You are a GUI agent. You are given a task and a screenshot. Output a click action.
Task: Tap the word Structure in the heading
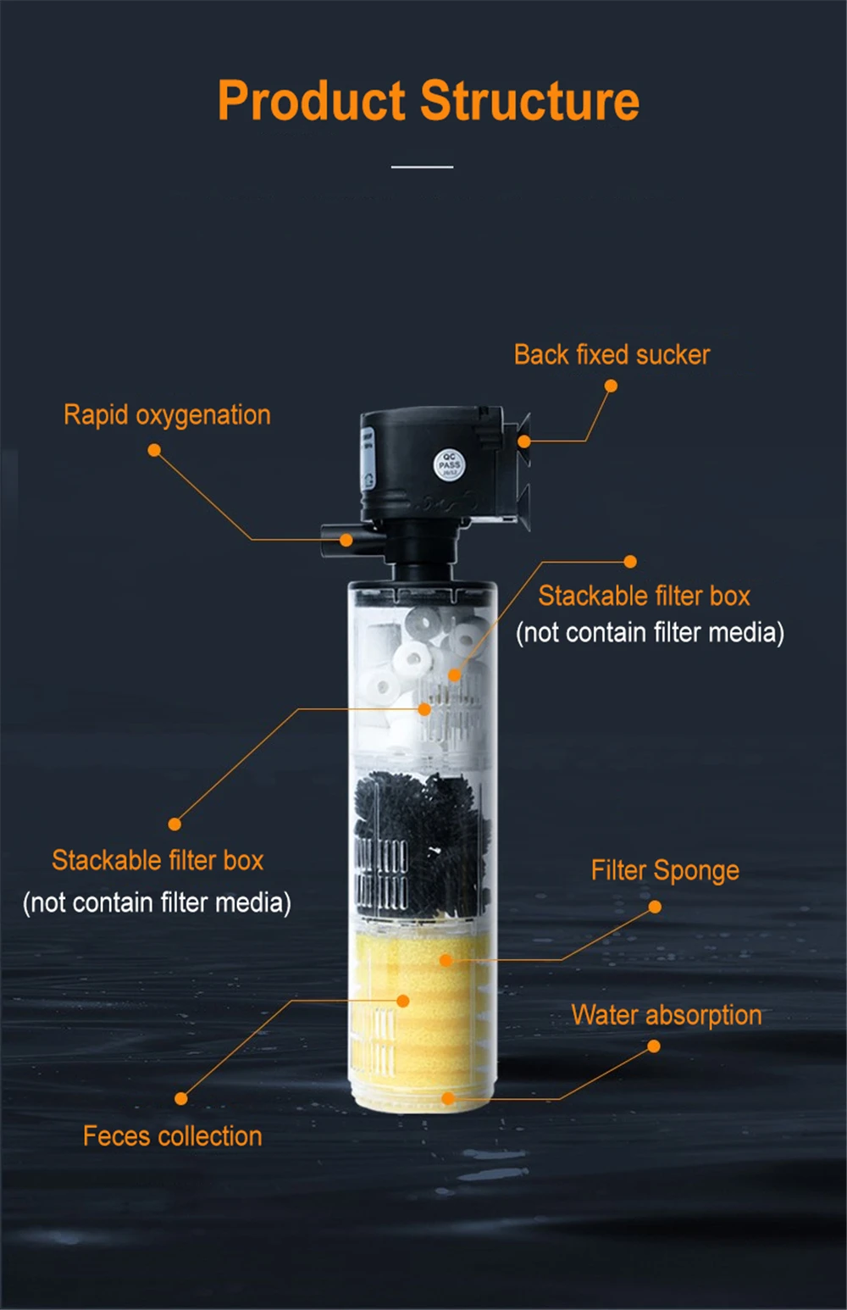(x=529, y=101)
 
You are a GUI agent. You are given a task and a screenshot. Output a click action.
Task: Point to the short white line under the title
(x=422, y=167)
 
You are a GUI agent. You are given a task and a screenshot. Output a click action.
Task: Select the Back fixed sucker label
(x=612, y=354)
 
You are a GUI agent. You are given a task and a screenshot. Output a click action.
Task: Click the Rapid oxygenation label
(x=167, y=415)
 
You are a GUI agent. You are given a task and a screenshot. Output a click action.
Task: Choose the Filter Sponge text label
(x=665, y=870)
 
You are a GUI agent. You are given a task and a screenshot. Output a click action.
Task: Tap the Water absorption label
(x=666, y=1015)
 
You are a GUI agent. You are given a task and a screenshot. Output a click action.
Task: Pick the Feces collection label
(x=173, y=1136)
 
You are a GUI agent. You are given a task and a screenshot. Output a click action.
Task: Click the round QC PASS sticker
(x=449, y=464)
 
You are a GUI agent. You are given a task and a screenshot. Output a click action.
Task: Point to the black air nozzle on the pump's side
(x=339, y=540)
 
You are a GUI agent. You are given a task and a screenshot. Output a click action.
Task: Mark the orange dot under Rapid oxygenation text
(x=154, y=450)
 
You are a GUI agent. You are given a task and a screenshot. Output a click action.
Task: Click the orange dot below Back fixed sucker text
(x=611, y=386)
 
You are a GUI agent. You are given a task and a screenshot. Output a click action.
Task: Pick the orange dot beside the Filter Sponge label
(x=655, y=907)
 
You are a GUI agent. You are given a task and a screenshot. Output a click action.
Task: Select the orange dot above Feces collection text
(x=180, y=1098)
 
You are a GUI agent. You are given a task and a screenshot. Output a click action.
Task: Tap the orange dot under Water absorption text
(x=653, y=1046)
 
